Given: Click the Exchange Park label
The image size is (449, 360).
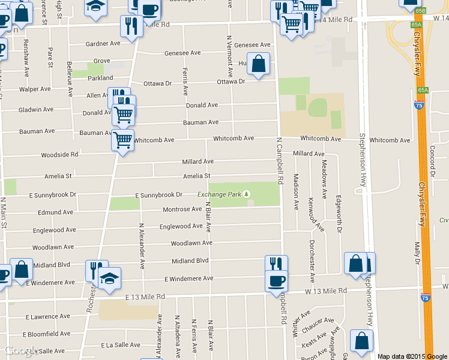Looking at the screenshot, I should point(219,194).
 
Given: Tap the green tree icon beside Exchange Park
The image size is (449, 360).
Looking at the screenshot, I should point(246,194).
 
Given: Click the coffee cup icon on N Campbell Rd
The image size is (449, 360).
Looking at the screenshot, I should point(277,280).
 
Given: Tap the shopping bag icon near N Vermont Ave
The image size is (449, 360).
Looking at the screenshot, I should point(258,64).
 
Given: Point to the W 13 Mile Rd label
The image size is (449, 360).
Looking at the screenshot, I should point(326,291).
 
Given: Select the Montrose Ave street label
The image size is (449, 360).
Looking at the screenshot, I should point(182,209).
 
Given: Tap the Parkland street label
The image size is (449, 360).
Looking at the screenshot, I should point(100,78).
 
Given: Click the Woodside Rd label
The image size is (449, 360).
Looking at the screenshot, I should point(59,155).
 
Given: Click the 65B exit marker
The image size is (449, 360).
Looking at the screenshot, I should point(420,11).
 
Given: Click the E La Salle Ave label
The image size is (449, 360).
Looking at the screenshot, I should point(120,345).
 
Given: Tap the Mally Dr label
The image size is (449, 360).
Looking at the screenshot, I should point(417,252).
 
